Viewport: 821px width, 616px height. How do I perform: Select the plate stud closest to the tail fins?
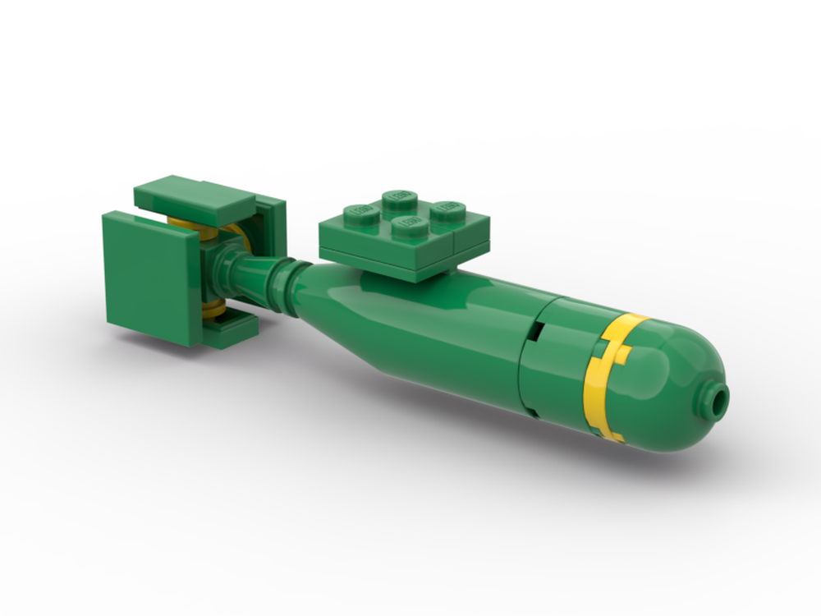pyautogui.click(x=360, y=210)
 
